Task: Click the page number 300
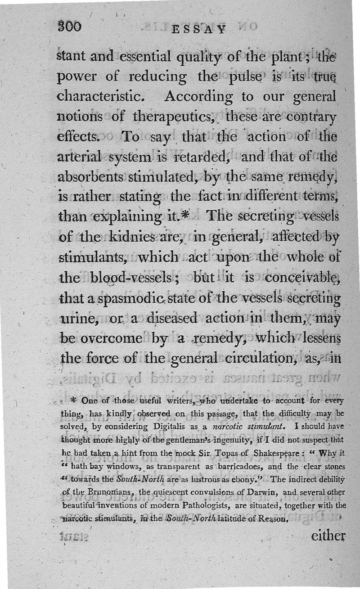[69, 27]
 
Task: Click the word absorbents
[92, 176]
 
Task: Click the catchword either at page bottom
[328, 535]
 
